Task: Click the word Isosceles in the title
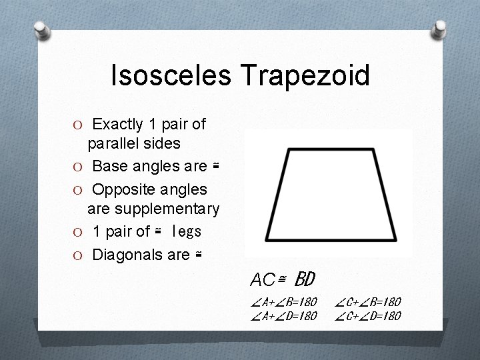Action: pos(167,75)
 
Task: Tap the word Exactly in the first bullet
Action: pos(117,124)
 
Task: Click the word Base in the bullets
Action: pos(107,166)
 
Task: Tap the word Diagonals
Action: pos(126,254)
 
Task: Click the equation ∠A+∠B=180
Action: pos(284,303)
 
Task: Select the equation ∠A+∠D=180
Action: pos(284,316)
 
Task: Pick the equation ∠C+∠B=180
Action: pos(368,303)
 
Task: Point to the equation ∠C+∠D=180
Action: pos(368,316)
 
